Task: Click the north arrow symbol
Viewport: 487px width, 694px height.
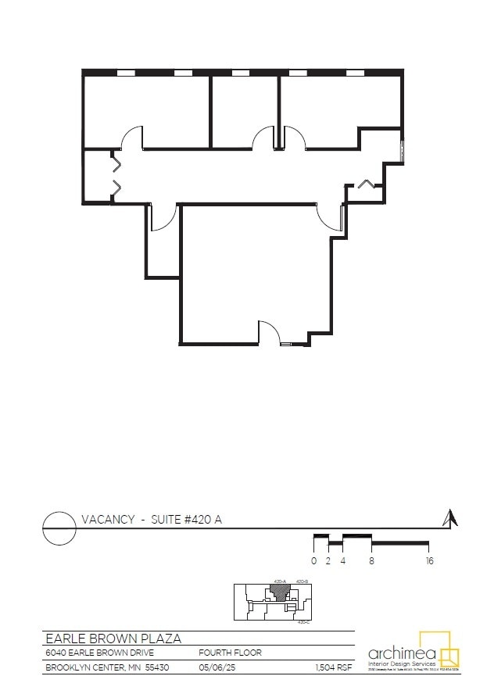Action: pos(449,518)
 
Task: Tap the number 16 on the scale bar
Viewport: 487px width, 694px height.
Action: pos(429,560)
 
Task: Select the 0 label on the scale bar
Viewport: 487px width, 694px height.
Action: pos(313,560)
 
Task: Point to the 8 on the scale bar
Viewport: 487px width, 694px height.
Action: pos(371,560)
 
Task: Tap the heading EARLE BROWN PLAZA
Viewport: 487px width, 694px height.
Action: pos(113,639)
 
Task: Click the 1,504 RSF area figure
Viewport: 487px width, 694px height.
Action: pos(333,667)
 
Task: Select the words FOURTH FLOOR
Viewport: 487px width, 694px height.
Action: pos(231,653)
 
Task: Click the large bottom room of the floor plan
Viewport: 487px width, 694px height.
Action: pos(254,270)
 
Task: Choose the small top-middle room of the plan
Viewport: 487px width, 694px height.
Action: pos(245,109)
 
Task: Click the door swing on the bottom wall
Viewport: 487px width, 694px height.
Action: pos(269,332)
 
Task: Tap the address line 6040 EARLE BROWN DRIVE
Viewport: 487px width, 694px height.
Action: pos(105,653)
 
